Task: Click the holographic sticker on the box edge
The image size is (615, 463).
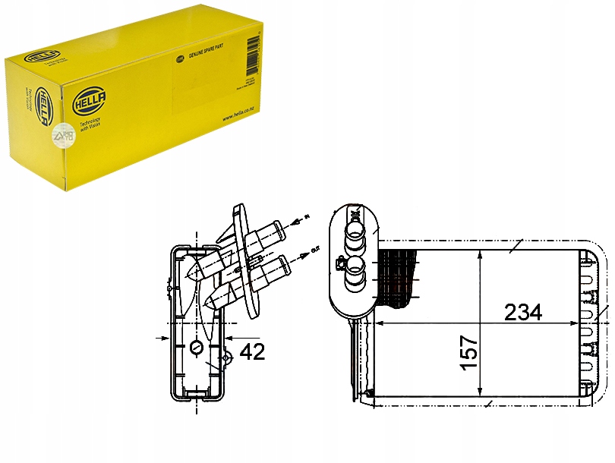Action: tap(60, 136)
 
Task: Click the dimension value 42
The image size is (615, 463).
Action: tap(252, 352)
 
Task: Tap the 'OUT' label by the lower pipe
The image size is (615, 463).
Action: tap(314, 247)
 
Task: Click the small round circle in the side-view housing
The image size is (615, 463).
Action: tap(197, 348)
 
